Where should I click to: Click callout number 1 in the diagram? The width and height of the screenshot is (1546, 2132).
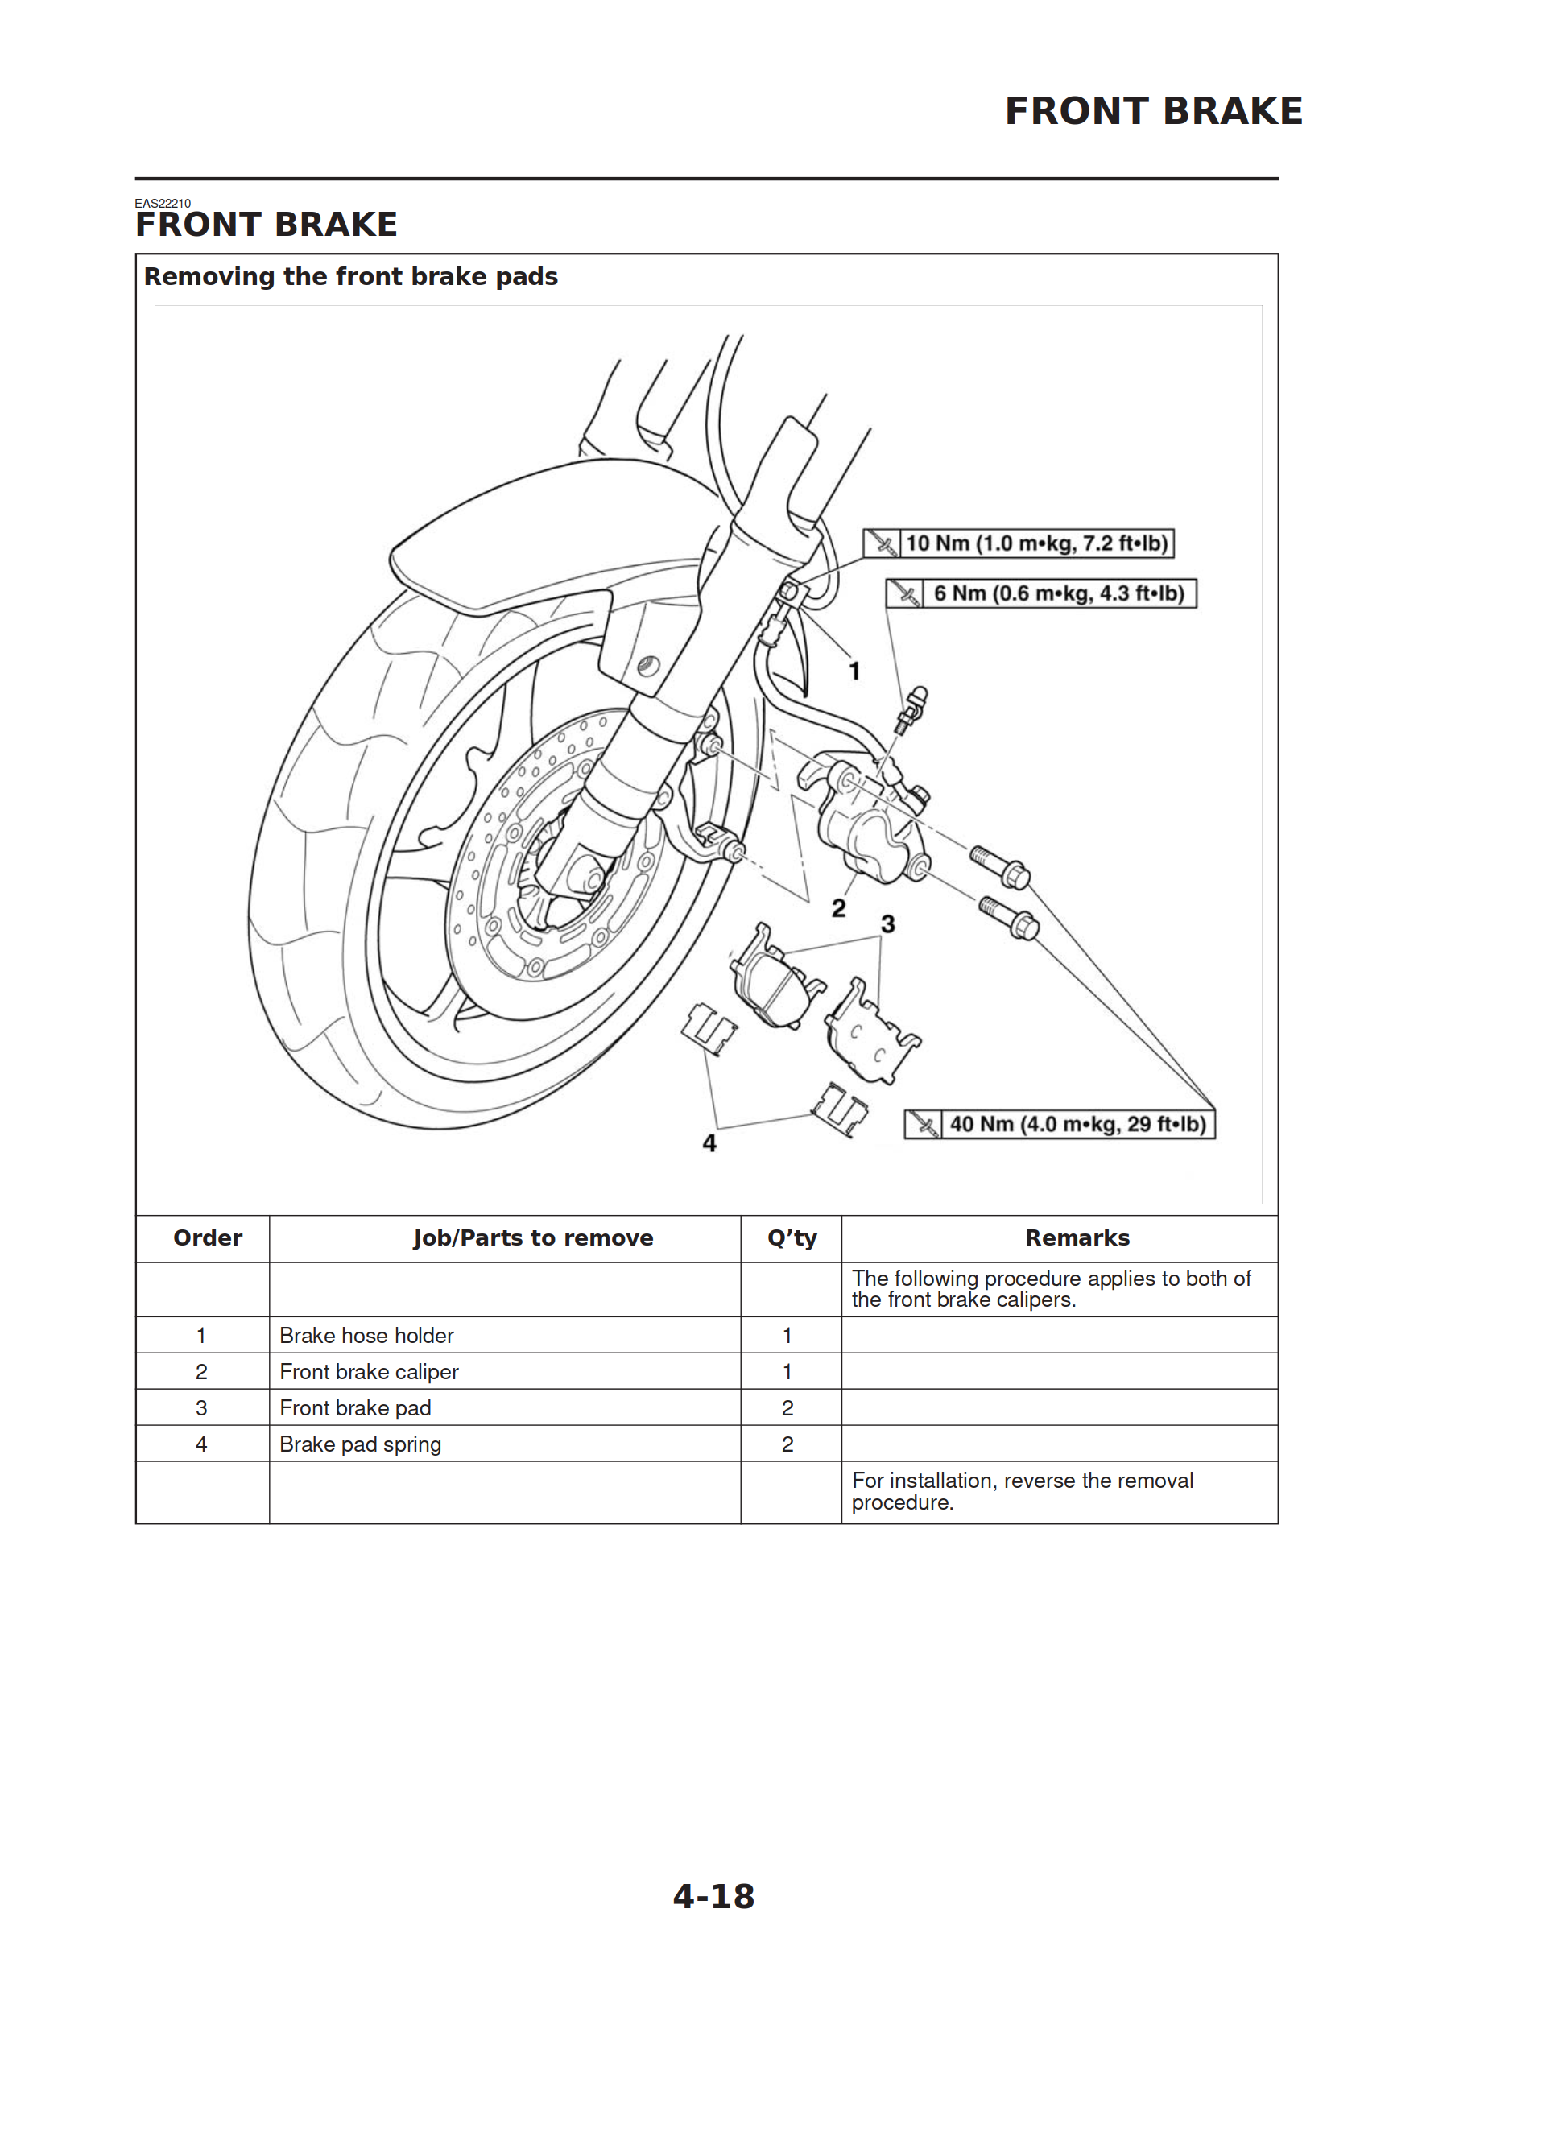(x=854, y=671)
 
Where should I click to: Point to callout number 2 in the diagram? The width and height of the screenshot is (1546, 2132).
(x=838, y=908)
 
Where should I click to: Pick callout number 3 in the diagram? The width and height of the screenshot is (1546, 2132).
(x=887, y=924)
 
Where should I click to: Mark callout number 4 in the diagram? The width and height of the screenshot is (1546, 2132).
(x=709, y=1143)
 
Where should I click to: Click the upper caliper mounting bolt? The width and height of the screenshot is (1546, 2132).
(x=999, y=866)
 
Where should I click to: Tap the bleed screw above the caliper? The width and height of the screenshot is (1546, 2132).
(x=911, y=709)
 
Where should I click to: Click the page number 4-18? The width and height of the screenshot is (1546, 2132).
(x=713, y=1896)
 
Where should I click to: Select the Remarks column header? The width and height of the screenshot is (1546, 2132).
(x=1077, y=1238)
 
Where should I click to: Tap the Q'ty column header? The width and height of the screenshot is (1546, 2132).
(x=791, y=1238)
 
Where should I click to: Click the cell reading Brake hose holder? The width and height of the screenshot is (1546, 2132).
(x=366, y=1335)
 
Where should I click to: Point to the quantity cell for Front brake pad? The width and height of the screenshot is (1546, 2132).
(x=788, y=1408)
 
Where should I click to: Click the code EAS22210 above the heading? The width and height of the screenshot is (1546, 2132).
(x=163, y=203)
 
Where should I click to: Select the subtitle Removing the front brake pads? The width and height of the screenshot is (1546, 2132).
(x=351, y=276)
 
